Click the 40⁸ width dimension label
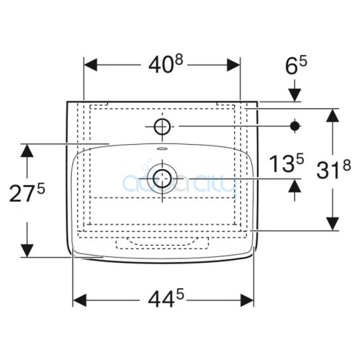[166, 64]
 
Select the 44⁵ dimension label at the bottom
[166, 299]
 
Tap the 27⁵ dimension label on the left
[27, 193]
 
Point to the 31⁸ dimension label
[333, 169]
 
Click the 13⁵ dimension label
[287, 163]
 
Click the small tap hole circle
[163, 126]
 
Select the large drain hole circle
[163, 179]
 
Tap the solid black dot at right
[295, 126]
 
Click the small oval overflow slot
[163, 149]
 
